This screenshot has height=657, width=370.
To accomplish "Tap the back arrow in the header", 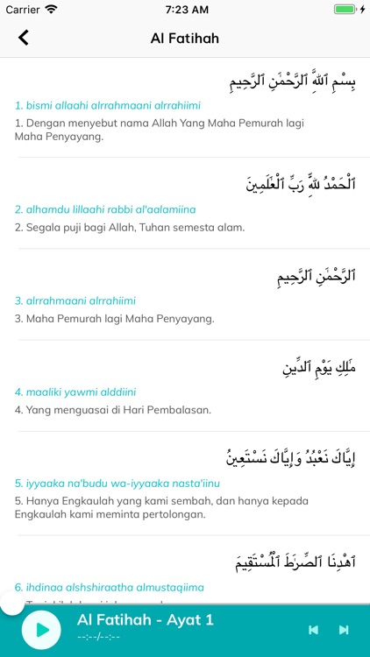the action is click(x=24, y=38).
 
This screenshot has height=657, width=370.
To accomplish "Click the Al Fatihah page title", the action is click(x=185, y=38).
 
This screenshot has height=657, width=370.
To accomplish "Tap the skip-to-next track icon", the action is click(x=344, y=630).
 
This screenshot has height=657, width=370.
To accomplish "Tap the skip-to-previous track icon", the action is click(x=313, y=630).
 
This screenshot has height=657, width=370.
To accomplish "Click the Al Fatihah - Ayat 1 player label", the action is click(x=146, y=620).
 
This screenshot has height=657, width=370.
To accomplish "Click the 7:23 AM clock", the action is click(x=185, y=10).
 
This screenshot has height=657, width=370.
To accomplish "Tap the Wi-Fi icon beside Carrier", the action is click(x=52, y=10).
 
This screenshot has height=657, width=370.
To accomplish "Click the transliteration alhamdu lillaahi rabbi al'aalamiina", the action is click(x=105, y=209).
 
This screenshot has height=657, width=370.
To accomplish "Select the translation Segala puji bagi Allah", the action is click(x=130, y=228).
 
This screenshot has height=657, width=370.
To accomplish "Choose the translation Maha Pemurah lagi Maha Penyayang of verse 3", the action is click(x=115, y=319).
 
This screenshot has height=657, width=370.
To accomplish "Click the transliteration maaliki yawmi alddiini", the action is click(x=75, y=392).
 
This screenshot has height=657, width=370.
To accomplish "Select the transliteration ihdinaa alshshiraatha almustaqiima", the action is click(x=110, y=587).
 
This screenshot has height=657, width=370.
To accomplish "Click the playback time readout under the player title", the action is click(x=98, y=637).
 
